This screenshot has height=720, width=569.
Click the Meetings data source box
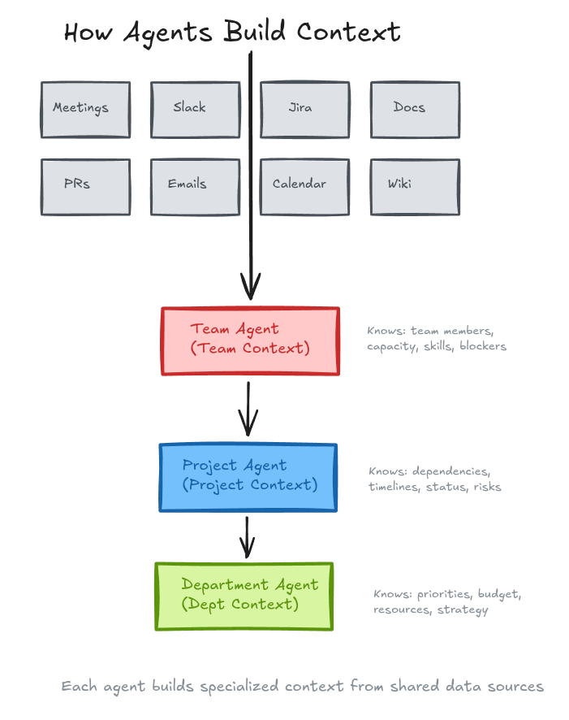85,109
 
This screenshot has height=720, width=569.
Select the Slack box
195,109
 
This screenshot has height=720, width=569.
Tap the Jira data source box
304,109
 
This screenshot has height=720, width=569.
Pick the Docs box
415,109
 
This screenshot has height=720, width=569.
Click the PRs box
85,186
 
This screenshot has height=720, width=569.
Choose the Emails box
195,186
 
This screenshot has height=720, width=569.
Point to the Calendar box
304,186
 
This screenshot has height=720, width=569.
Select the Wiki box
415,186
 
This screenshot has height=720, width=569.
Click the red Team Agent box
250,340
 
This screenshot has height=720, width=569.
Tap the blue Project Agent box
248,477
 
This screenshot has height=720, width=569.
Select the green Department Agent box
244,596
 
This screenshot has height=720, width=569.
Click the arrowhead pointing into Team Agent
250,288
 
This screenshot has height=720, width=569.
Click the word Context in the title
349,33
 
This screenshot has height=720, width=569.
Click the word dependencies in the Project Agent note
451,471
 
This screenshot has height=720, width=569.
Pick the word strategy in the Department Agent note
463,609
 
